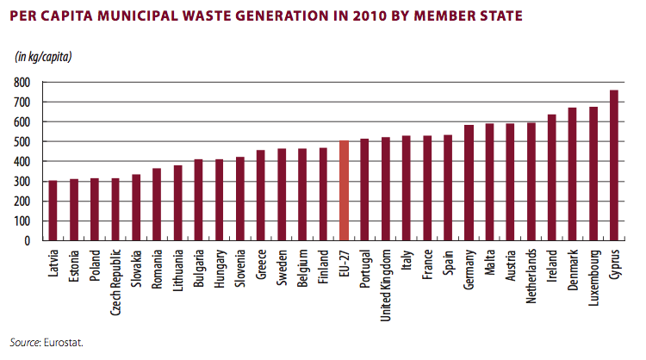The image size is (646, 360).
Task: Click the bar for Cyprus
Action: (x=613, y=165)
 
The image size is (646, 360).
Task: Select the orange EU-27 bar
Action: (x=344, y=190)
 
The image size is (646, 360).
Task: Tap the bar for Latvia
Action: (x=53, y=210)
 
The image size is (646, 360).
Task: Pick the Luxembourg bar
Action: (x=593, y=174)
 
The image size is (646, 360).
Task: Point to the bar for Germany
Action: (x=469, y=183)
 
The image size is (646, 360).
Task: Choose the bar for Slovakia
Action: (x=136, y=208)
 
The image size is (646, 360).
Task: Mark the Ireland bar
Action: (x=551, y=177)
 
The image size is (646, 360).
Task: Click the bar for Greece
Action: (x=261, y=196)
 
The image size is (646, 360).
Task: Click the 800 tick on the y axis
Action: (x=22, y=83)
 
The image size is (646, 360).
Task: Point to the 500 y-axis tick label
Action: (x=22, y=142)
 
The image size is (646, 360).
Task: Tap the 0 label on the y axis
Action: (x=28, y=240)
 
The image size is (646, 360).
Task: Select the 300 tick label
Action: (x=22, y=181)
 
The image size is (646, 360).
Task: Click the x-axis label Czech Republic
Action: (x=115, y=282)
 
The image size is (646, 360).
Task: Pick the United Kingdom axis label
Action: (x=385, y=285)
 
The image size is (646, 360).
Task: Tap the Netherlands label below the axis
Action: (x=531, y=276)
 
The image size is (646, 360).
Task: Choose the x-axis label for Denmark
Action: (x=573, y=270)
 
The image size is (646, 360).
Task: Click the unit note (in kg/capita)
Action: (x=43, y=57)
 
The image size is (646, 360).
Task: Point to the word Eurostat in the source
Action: (x=64, y=342)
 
